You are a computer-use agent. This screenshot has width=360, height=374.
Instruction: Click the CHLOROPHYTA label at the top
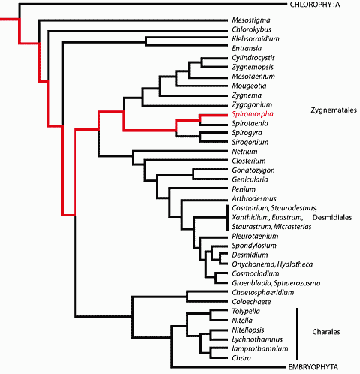point(315,5)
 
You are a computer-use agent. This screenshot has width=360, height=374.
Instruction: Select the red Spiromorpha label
point(253,114)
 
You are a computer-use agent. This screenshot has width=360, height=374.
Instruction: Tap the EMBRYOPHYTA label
point(313,367)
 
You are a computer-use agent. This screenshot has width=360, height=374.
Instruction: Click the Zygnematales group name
point(334,110)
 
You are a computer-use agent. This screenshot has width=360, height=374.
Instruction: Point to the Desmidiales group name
point(332,217)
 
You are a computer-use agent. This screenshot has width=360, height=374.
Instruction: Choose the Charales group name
point(326,332)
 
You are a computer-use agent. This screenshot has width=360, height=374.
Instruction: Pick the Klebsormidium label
point(256,39)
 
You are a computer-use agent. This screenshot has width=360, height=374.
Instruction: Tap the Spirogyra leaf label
point(247,133)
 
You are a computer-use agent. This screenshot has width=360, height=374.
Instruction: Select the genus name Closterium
point(249,161)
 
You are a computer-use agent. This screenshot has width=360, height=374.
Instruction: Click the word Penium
point(244,189)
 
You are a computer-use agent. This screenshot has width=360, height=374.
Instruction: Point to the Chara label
point(241,358)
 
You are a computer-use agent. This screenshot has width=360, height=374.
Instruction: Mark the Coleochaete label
point(251,302)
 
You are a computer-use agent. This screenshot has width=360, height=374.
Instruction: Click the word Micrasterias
point(292,227)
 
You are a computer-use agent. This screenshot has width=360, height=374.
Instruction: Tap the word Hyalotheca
point(295,264)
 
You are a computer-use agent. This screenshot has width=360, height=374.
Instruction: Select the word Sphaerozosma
point(297,283)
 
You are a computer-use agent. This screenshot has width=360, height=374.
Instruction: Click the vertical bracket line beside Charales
point(297,333)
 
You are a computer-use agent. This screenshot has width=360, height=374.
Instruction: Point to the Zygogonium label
point(252,105)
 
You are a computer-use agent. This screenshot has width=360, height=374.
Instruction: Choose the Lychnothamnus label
point(257,339)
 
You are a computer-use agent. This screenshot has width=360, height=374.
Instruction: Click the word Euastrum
point(287,217)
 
